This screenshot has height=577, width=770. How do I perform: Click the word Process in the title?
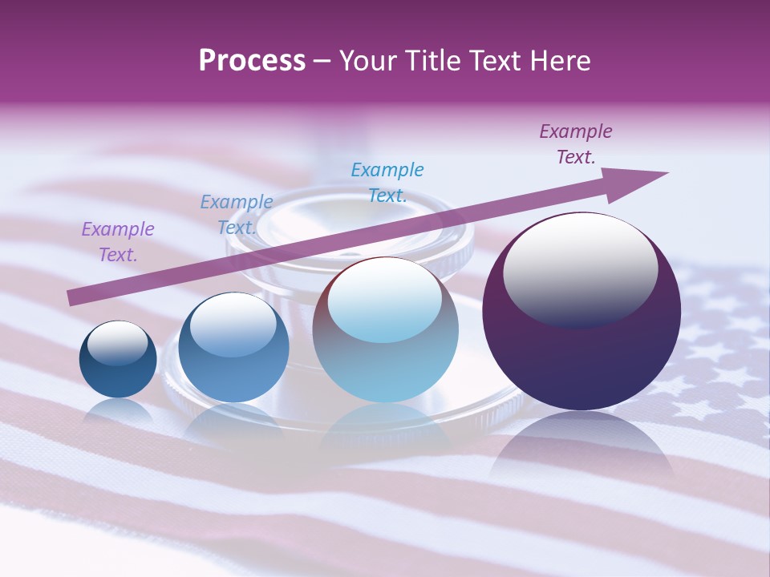point(252,61)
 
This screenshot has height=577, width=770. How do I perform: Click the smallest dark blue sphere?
point(118,373)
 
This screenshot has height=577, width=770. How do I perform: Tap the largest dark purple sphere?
point(582,361)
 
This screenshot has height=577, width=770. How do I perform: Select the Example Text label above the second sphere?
point(237,215)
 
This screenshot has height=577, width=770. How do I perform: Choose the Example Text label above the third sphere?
point(387,182)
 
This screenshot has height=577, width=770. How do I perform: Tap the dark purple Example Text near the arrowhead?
point(576,144)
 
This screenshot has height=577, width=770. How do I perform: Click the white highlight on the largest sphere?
point(581,268)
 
